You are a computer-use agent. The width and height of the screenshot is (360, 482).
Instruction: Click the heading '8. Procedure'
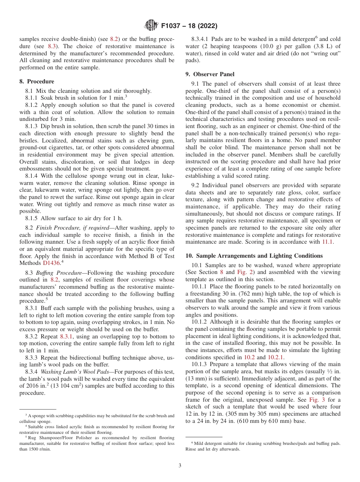click(37, 81)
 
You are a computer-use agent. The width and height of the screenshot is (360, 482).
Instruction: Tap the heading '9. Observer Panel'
click(210, 74)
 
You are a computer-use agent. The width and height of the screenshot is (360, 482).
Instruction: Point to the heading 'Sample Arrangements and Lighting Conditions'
click(260, 256)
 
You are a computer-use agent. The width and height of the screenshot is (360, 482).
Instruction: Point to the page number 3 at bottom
click(180, 465)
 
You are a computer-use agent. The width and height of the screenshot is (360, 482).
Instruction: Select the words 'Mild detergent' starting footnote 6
click(207, 443)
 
